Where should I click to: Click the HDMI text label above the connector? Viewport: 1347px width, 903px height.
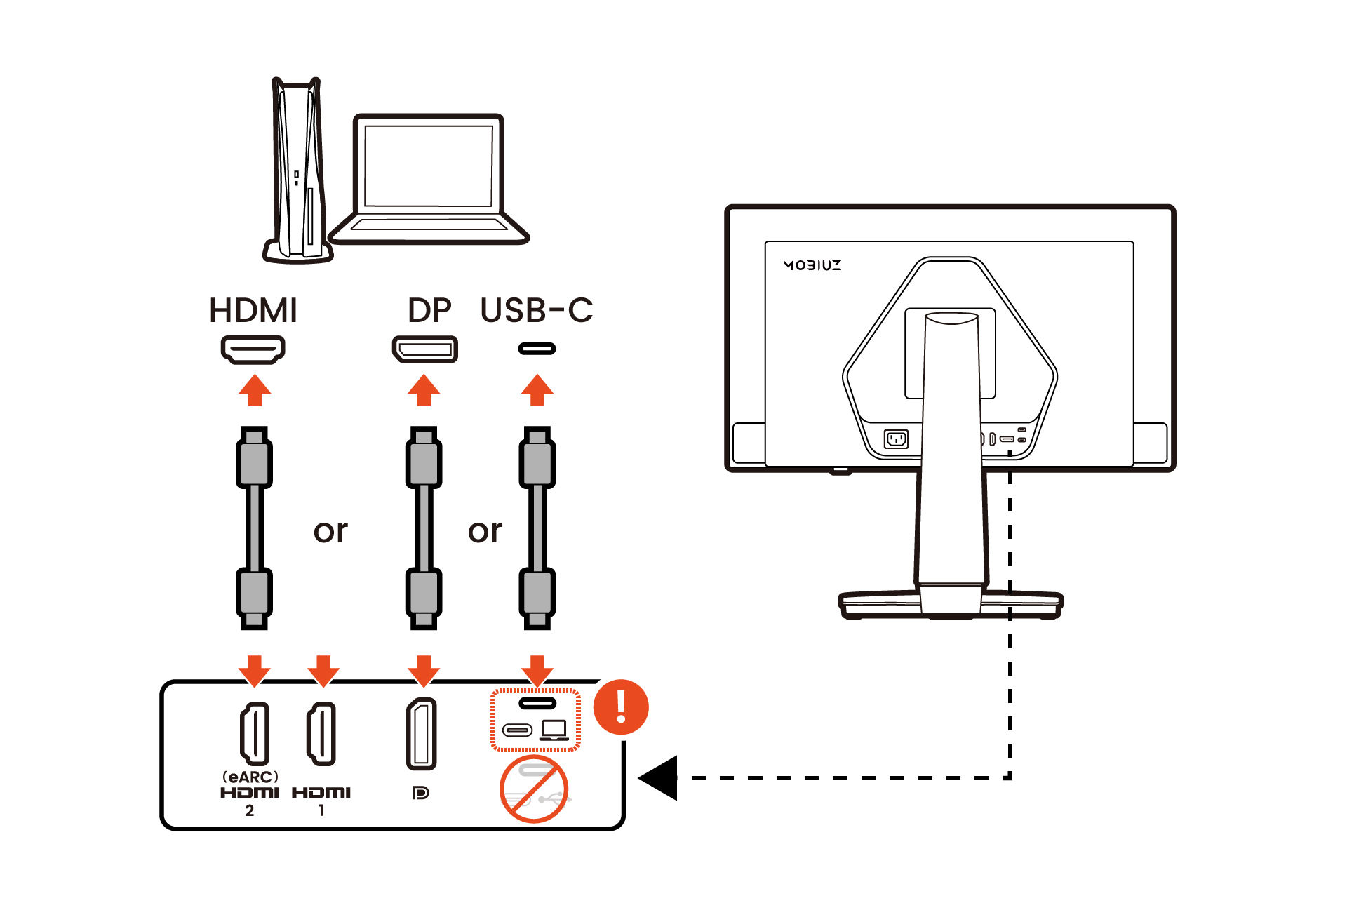[x=253, y=311]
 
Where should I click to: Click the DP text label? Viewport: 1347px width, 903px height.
[x=429, y=311]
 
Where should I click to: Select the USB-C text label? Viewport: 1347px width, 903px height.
[x=537, y=311]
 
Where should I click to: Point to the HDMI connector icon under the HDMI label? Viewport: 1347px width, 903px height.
[x=253, y=349]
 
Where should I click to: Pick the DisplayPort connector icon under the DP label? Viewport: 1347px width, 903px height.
[x=424, y=349]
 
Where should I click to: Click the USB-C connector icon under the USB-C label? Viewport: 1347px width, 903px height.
[x=537, y=349]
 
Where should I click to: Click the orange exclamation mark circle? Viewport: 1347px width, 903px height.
[x=621, y=707]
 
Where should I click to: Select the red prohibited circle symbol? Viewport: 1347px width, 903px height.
[x=533, y=789]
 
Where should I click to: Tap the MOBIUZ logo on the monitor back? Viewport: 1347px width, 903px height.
[x=812, y=265]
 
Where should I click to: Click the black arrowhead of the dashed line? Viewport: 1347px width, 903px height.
[x=659, y=777]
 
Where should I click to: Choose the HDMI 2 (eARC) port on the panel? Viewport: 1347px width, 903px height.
[x=255, y=733]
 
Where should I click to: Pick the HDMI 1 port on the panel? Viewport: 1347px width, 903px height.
[x=321, y=733]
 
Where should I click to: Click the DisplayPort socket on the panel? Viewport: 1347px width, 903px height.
[x=422, y=734]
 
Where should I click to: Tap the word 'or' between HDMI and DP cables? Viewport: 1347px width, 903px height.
[x=330, y=531]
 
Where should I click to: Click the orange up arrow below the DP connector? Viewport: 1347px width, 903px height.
[x=424, y=390]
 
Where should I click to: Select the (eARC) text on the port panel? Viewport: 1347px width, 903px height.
[x=250, y=777]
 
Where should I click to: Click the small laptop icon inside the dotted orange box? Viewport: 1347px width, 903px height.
[x=554, y=730]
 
